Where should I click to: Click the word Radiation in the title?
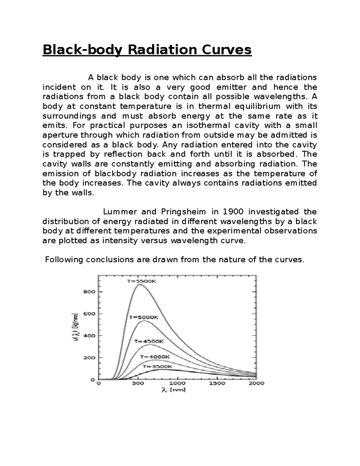click(160, 50)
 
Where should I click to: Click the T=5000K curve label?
click(143, 317)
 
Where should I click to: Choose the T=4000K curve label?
click(155, 357)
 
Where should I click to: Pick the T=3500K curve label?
click(157, 366)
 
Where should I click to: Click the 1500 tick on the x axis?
click(217, 383)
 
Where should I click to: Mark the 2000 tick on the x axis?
click(256, 383)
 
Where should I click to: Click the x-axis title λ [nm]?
click(174, 390)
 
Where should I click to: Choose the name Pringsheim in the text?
click(183, 212)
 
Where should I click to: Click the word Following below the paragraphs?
click(64, 260)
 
